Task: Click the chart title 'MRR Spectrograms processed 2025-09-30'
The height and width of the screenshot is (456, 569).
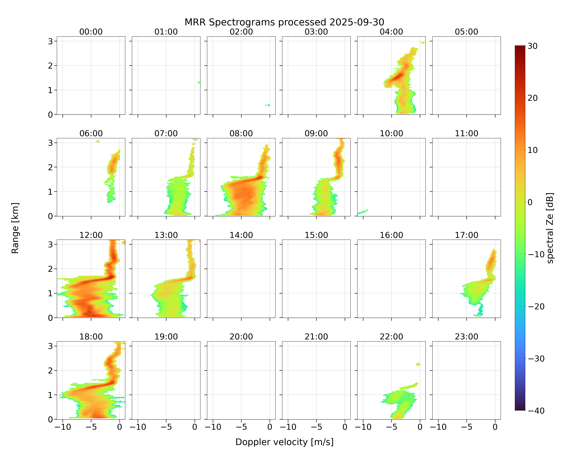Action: point(284,22)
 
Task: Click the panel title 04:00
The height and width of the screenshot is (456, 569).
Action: point(391,32)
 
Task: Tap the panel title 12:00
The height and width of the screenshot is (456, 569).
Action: point(91,235)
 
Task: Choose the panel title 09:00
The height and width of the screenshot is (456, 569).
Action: point(316,133)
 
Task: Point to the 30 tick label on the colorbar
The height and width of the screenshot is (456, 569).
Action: point(533,46)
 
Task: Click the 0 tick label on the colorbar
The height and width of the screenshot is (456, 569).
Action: point(530,202)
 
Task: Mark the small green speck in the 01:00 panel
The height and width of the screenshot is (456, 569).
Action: point(199,83)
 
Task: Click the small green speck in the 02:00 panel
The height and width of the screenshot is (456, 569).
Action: point(268,105)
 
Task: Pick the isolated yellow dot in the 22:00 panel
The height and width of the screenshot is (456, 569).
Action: point(418,364)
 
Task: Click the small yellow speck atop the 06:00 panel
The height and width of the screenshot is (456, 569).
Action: point(98,141)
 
